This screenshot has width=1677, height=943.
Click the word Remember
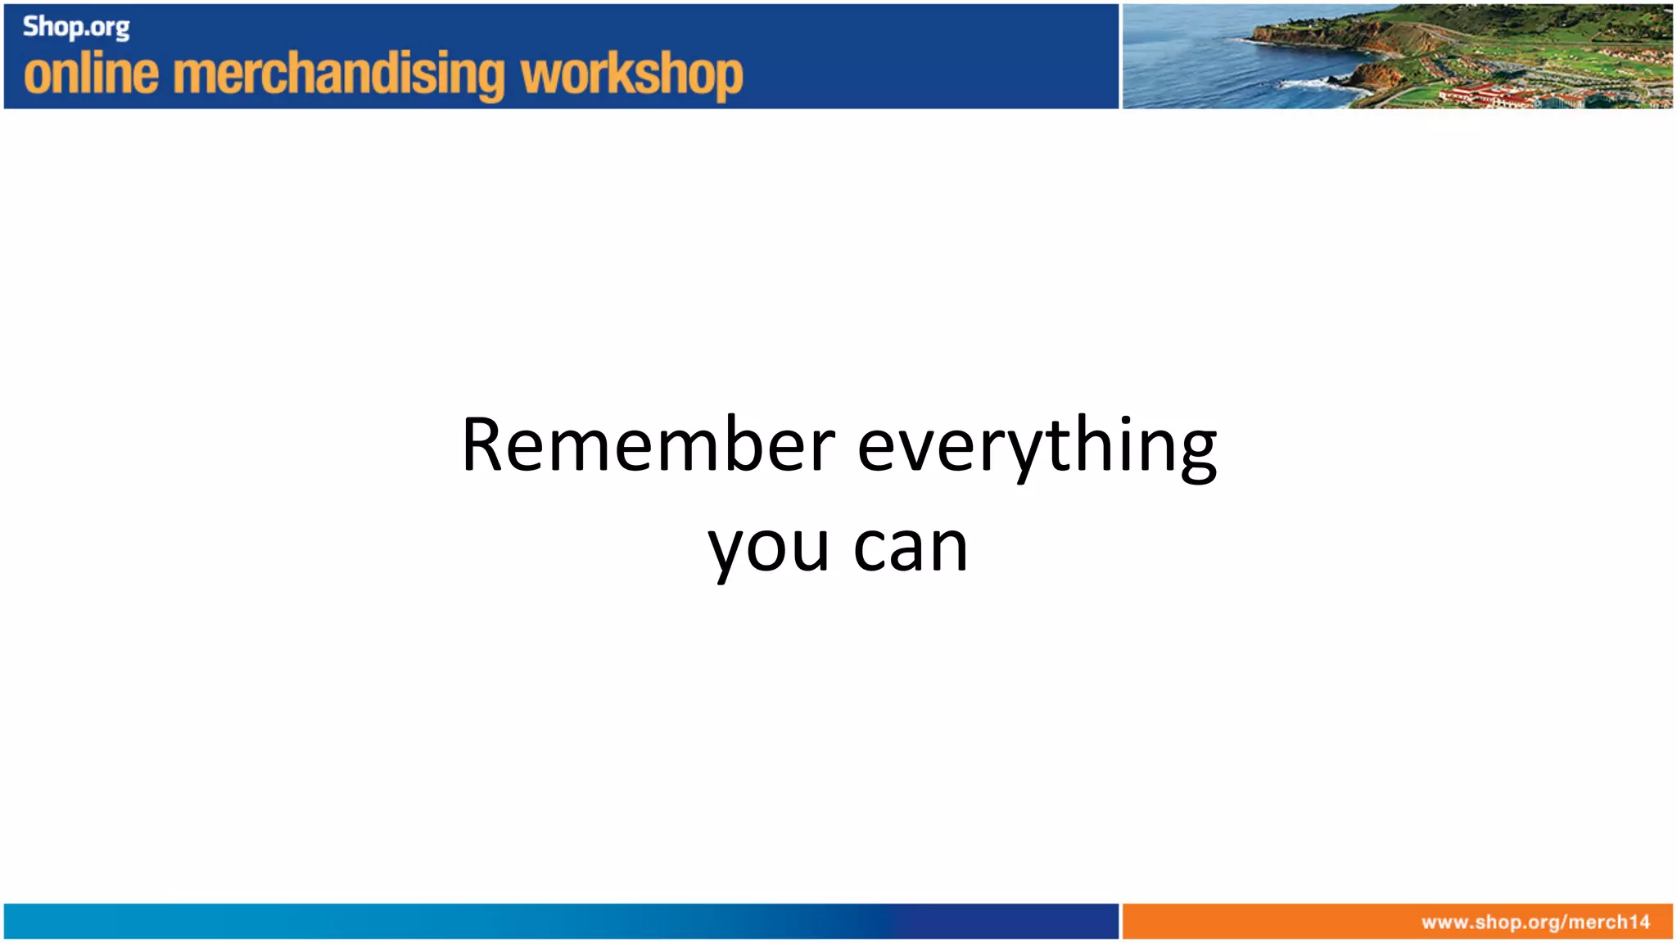point(648,446)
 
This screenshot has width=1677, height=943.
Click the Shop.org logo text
point(75,28)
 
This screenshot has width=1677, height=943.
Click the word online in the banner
point(91,74)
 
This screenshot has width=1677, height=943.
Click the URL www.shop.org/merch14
point(1535,923)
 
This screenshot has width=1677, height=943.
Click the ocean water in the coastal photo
point(1187,65)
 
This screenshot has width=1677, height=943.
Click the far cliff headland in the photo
point(1277,33)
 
